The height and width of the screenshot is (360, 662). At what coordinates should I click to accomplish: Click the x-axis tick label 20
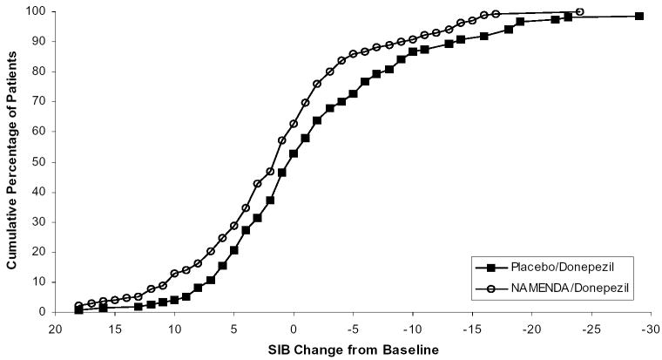click(55, 330)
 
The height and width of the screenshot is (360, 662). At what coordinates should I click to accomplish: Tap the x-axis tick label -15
click(471, 330)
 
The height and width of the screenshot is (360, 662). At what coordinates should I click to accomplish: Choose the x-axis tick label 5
click(233, 330)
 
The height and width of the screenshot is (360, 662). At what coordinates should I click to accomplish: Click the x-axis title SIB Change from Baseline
click(352, 350)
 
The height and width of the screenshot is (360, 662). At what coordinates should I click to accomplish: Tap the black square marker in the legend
click(490, 267)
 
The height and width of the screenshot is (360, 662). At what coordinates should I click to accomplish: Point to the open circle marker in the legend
click(490, 285)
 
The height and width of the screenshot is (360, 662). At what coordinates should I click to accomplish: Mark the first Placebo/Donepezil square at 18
click(79, 309)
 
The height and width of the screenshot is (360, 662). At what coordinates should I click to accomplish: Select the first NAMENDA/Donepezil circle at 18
click(79, 306)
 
